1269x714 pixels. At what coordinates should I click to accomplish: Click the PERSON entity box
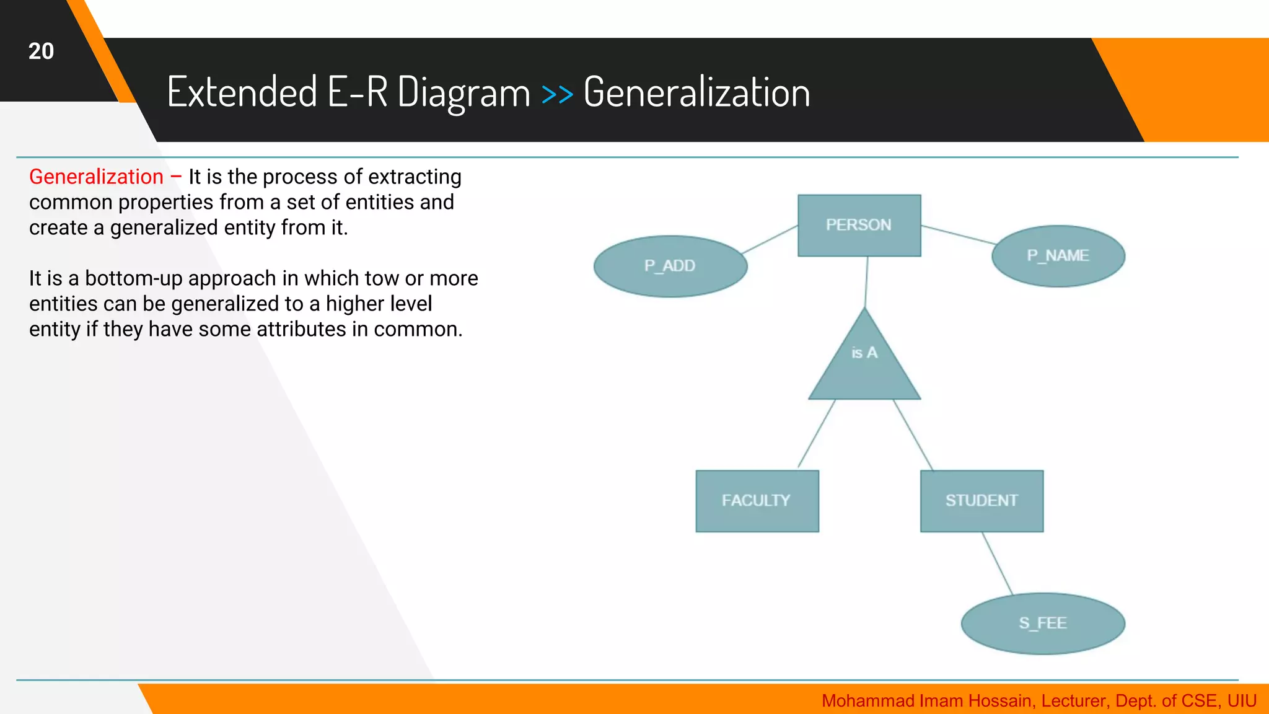(x=859, y=226)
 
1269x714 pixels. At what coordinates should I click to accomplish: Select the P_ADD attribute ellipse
(x=670, y=266)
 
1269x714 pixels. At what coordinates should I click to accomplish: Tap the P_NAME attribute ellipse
(x=1058, y=256)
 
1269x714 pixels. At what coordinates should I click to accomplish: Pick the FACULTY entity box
(x=757, y=501)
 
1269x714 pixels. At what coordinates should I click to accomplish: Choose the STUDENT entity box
(x=981, y=501)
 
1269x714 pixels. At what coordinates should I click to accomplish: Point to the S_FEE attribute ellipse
(x=1042, y=623)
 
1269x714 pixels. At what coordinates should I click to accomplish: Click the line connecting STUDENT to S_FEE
(x=998, y=563)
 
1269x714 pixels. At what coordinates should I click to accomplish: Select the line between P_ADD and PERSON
(x=770, y=239)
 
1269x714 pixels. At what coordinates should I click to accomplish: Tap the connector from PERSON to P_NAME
(x=959, y=235)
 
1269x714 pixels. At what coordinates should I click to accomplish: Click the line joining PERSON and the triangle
(x=866, y=282)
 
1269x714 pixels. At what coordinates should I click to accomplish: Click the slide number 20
(x=41, y=51)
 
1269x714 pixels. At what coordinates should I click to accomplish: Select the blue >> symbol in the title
(x=556, y=94)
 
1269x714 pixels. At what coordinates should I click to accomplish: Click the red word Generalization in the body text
(x=96, y=177)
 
